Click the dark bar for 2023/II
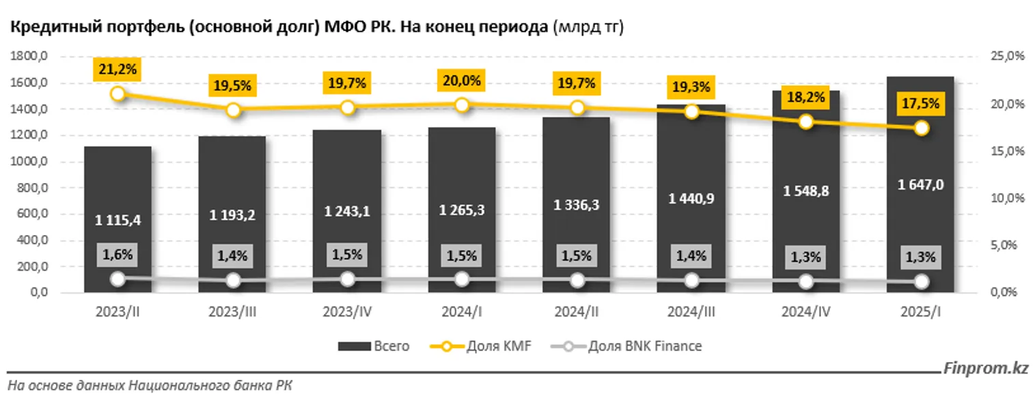pyautogui.click(x=118, y=184)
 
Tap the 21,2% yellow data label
pyautogui.click(x=118, y=68)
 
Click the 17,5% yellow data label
pyautogui.click(x=921, y=105)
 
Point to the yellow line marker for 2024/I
pyautogui.click(x=462, y=105)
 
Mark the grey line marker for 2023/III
pyautogui.click(x=233, y=280)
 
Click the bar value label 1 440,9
pyautogui.click(x=691, y=198)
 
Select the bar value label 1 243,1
pyautogui.click(x=347, y=212)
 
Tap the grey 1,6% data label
pyautogui.click(x=118, y=256)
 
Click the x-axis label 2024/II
pyautogui.click(x=577, y=312)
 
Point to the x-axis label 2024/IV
pyautogui.click(x=806, y=312)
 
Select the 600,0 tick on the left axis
pyautogui.click(x=29, y=215)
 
